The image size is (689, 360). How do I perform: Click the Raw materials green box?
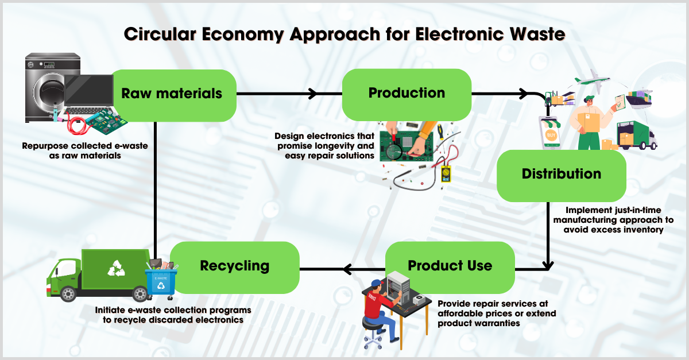click(172, 94)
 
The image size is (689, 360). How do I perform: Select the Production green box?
click(407, 94)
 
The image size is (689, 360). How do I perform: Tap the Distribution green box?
click(561, 175)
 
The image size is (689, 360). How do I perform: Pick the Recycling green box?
click(234, 266)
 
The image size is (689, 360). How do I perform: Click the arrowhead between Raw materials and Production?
click(313, 93)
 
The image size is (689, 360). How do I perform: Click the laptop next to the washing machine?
click(89, 95)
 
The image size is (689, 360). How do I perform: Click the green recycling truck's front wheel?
click(68, 293)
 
